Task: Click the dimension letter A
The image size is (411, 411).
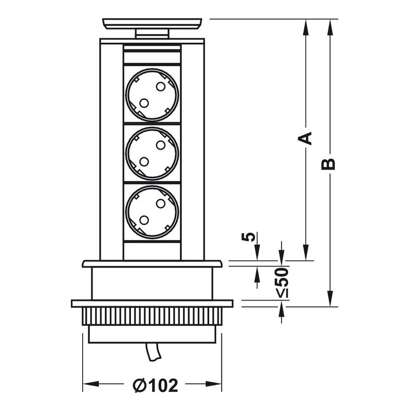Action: (x=306, y=138)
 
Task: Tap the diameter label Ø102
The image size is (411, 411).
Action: (x=155, y=385)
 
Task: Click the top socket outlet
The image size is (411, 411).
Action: (x=152, y=95)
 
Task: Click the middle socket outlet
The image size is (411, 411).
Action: (x=152, y=153)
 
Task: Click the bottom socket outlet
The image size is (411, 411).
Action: (x=152, y=212)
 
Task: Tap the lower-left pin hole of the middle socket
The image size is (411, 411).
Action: (x=144, y=161)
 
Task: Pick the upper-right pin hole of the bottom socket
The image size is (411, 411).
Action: (x=160, y=204)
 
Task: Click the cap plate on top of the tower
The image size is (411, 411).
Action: (x=152, y=23)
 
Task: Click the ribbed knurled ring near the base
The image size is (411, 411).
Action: (x=152, y=316)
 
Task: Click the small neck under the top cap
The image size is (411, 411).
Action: (x=152, y=34)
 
